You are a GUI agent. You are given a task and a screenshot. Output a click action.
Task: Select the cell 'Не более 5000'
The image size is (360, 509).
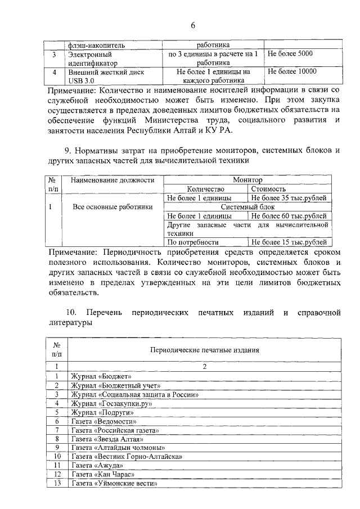pos(290,54)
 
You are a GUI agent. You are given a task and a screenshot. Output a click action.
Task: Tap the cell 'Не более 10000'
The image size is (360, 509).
pos(292,71)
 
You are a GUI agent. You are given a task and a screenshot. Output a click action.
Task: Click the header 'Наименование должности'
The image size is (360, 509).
pos(112,180)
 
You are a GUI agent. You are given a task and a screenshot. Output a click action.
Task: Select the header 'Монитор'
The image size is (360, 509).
pos(247,180)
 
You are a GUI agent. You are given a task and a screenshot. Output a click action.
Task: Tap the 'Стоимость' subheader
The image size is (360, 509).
pos(268,190)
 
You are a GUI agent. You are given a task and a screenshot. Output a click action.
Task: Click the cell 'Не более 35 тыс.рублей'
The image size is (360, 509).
pos(289,199)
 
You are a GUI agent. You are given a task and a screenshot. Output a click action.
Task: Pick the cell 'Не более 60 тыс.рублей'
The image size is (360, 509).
pos(289,216)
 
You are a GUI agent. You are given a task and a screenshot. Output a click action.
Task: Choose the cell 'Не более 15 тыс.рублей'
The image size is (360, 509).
pos(289,242)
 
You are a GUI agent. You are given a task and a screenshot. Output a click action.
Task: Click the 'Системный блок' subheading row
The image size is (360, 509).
pos(247,207)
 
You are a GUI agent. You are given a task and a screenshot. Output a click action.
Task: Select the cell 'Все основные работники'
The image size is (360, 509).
pos(112,207)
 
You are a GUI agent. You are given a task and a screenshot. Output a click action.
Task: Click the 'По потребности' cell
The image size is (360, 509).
pos(192,242)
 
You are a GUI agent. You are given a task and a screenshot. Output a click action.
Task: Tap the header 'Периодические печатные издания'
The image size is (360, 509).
pos(204,349)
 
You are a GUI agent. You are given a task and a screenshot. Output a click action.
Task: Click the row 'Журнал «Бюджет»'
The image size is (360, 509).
pos(101,376)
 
